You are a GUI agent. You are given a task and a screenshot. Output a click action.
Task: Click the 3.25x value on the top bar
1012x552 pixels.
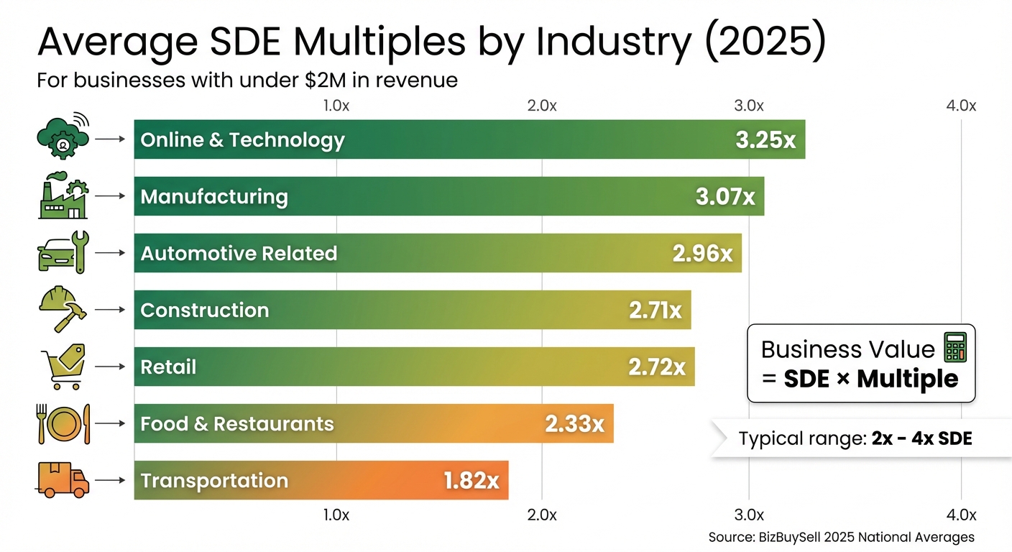coord(765,139)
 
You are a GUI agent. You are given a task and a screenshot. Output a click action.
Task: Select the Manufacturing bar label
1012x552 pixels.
coord(214,196)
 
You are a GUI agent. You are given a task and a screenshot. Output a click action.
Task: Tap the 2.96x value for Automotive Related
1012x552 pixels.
coord(702,253)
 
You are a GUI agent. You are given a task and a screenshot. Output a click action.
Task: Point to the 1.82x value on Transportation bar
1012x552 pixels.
coord(471,481)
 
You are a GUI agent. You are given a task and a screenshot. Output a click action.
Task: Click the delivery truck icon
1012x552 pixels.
coord(63,480)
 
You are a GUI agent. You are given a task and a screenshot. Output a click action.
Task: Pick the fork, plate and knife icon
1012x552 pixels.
coord(63,423)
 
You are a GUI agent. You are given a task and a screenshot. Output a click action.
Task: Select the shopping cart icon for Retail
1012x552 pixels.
coord(62,367)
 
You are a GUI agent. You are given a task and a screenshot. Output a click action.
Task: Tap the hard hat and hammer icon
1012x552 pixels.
coord(62,310)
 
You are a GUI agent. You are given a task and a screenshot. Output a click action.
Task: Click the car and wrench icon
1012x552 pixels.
coord(63,253)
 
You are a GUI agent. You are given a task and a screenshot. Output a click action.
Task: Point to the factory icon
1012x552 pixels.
coord(63,196)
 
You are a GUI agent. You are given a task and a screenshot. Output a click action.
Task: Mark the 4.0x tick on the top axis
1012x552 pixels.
coord(961,106)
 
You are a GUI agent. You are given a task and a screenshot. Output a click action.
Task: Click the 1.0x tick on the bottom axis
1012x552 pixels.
coord(336,515)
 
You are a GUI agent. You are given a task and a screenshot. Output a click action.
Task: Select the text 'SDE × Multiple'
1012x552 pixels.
coord(871,379)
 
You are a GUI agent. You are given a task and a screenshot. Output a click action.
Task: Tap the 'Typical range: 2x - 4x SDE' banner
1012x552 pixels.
coord(855,438)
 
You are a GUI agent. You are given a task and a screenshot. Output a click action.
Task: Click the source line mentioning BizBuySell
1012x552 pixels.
coord(841,537)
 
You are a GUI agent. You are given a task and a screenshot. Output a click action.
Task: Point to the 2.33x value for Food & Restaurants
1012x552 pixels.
coord(574,423)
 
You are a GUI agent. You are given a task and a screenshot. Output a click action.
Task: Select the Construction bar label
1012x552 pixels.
coord(205,310)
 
